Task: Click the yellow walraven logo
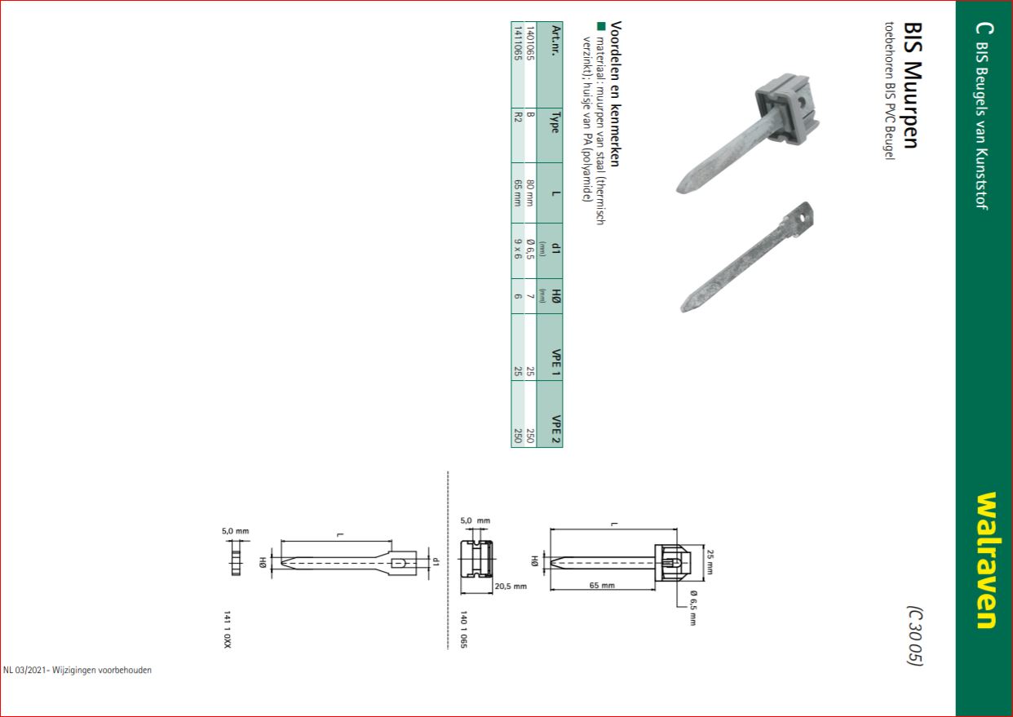click(986, 560)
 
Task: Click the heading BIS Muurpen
click(913, 85)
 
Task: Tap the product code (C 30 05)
click(915, 635)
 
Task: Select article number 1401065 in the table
click(529, 43)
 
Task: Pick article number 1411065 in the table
click(517, 43)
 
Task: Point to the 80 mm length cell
click(530, 193)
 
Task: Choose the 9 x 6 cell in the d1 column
click(518, 249)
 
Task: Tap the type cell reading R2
click(518, 117)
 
